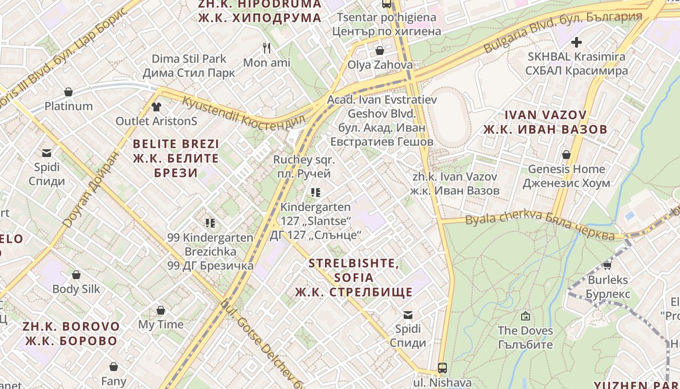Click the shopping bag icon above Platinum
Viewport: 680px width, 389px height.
[68, 92]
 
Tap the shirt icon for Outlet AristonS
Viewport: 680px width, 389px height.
[156, 106]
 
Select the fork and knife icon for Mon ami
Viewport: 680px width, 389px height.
[266, 48]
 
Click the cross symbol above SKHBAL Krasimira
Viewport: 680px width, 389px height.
[577, 42]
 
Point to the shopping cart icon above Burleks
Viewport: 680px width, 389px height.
[607, 265]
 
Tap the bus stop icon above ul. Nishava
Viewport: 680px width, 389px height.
[442, 368]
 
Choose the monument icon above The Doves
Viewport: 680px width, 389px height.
[525, 316]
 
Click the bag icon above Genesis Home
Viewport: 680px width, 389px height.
[566, 155]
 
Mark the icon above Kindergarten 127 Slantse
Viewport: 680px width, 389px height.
[316, 193]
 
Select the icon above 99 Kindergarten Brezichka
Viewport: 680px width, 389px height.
[210, 223]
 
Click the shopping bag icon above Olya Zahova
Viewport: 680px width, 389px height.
[380, 51]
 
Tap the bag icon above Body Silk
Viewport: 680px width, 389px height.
[76, 275]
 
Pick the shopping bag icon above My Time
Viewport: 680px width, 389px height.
[161, 310]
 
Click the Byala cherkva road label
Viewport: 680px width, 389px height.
[539, 227]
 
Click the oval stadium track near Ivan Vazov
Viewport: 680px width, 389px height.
[451, 117]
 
